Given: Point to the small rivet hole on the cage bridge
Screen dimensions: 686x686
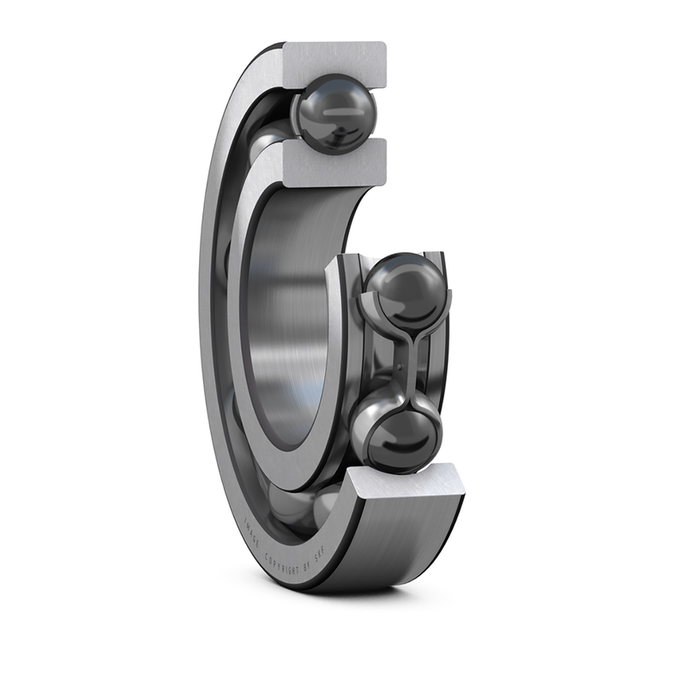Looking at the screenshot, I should click(400, 370).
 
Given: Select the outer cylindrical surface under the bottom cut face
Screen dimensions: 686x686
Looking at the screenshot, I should click(403, 540).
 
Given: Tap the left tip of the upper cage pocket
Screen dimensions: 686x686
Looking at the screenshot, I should click(361, 297).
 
